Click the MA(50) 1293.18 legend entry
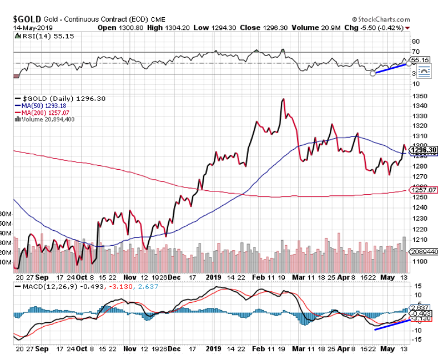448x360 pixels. coord(42,105)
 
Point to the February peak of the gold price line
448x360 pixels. coord(284,99)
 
